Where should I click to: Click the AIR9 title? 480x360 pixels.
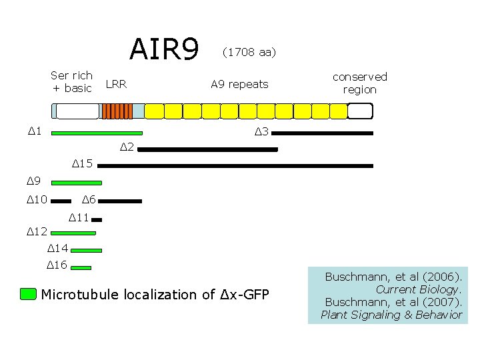164,49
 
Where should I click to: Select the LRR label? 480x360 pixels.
116,85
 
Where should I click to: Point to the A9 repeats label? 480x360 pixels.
239,85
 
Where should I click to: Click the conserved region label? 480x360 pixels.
359,83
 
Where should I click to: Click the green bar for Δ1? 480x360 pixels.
97,133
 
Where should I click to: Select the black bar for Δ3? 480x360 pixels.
322,133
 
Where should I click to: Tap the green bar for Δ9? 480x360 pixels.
77,182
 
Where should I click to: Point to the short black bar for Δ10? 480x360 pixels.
61,200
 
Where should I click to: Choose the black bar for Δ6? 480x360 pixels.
121,200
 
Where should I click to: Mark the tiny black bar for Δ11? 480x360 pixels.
97,219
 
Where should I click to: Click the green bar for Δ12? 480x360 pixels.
73,233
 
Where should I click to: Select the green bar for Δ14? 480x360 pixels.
86,250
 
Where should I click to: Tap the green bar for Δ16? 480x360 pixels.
81,267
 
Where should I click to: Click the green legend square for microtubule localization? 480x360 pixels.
28,295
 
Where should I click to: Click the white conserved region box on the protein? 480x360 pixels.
360,111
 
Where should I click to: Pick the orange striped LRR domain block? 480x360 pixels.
117,111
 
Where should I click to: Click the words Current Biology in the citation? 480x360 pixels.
419,289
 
